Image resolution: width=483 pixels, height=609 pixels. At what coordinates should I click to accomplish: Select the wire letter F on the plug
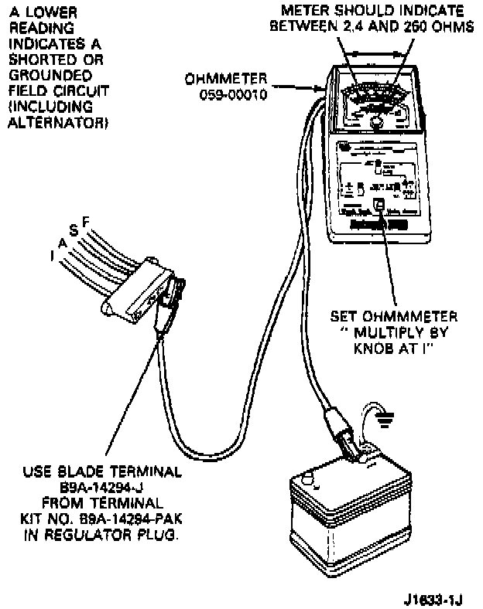click(x=86, y=222)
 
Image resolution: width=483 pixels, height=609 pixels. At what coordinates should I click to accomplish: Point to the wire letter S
click(x=74, y=230)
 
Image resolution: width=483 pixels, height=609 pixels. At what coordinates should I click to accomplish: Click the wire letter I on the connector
click(x=51, y=255)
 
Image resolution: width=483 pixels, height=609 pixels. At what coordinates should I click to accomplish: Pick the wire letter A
click(x=62, y=242)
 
